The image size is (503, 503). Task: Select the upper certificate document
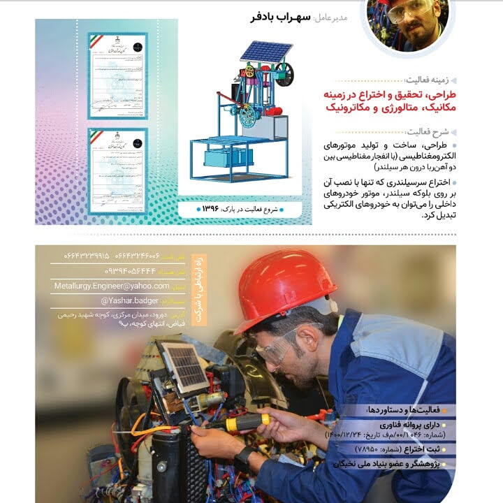(x=117, y=75)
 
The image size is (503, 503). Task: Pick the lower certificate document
(x=117, y=170)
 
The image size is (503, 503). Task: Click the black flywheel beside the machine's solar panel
(x=284, y=73)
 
